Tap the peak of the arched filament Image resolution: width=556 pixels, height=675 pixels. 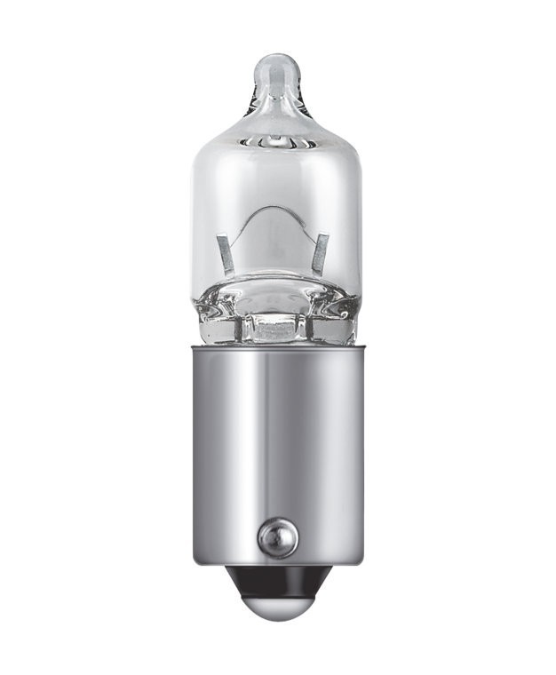pos(275,210)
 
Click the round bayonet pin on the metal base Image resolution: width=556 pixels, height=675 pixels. pos(277,536)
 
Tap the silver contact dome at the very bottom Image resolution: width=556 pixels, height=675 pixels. pos(277,607)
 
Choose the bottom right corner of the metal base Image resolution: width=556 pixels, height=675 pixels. pos(361,561)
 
